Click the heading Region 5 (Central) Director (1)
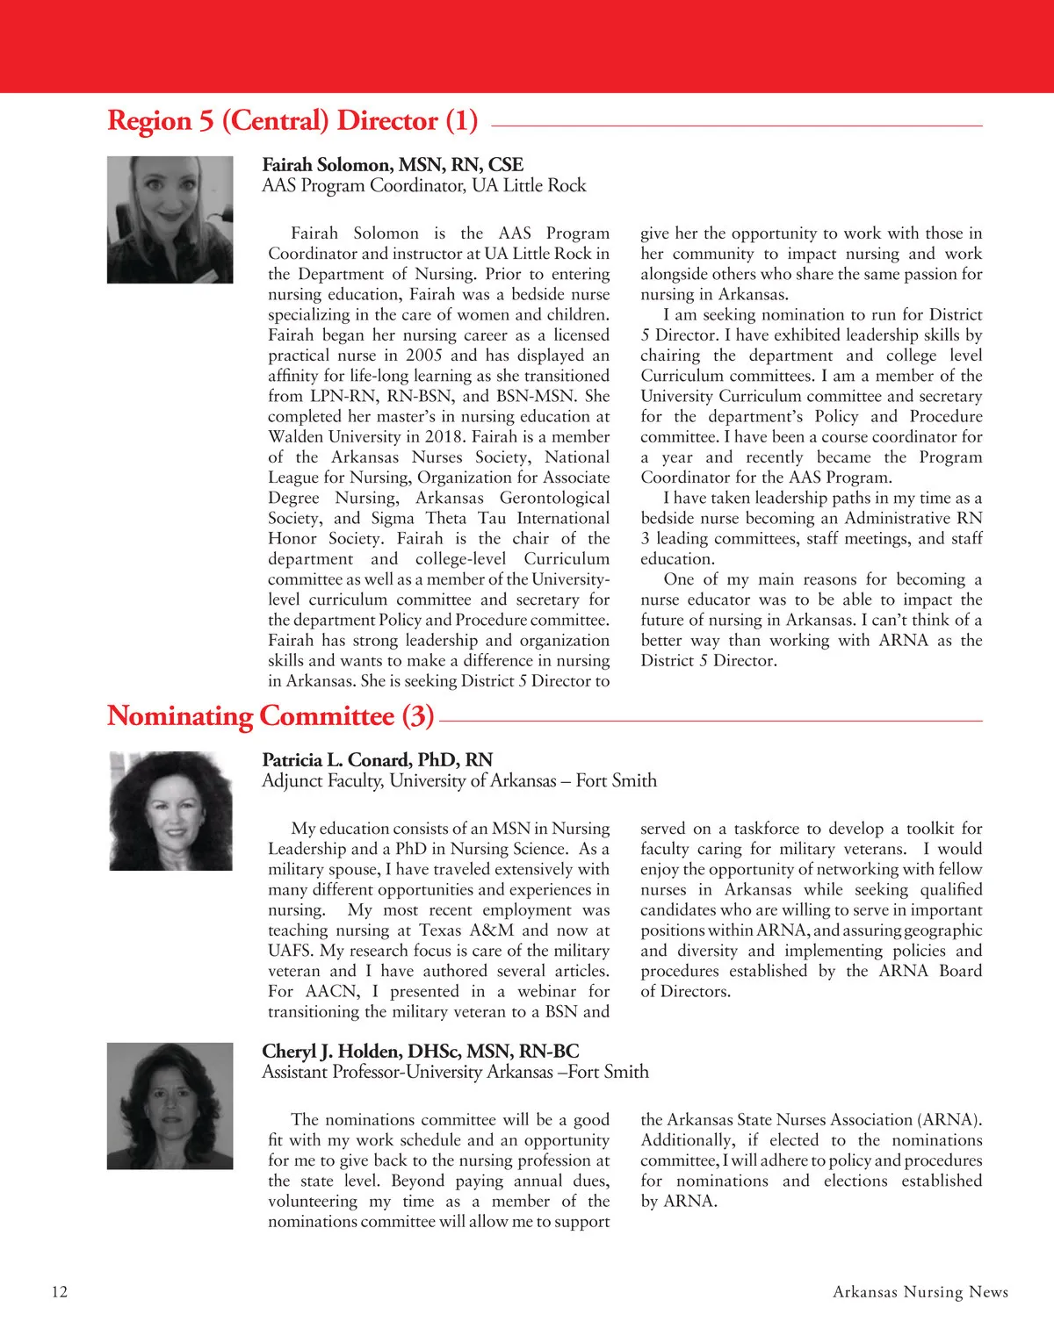[292, 121]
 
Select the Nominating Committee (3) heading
[271, 716]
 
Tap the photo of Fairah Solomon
[170, 219]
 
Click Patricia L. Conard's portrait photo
[170, 811]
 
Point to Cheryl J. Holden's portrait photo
[170, 1106]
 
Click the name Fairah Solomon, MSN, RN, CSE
[393, 165]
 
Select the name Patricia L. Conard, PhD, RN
[377, 760]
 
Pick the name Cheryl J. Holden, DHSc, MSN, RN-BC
[420, 1052]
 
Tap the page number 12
[60, 1292]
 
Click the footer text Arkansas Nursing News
[920, 1292]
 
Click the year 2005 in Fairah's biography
[423, 355]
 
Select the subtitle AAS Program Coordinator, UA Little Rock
[423, 186]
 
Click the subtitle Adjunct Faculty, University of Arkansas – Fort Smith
[458, 781]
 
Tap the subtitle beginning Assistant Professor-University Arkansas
[455, 1073]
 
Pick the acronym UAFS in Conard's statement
[291, 952]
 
